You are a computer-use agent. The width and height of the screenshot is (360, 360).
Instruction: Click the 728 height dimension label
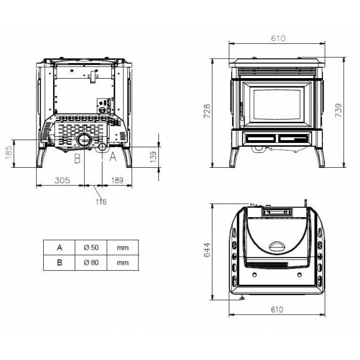207,111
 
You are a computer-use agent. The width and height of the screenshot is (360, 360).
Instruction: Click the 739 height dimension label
338,110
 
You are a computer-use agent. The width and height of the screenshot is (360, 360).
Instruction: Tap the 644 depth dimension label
207,250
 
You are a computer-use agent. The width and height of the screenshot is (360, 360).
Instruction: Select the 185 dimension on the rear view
8,152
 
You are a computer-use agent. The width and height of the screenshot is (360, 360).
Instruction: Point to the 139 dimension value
153,157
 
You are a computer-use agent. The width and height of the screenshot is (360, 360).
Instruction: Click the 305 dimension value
62,180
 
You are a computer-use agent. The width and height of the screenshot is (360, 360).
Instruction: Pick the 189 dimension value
117,180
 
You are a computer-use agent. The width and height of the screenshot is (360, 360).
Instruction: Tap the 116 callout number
101,202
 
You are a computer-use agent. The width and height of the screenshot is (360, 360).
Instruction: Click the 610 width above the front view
278,38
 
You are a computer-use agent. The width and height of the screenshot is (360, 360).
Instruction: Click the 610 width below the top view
277,310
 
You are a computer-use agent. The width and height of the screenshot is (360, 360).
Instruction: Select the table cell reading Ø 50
91,248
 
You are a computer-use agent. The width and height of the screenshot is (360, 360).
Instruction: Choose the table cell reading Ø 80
91,263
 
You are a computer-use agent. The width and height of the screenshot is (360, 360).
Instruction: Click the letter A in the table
59,248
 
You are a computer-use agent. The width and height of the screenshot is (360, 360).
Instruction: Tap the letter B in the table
59,263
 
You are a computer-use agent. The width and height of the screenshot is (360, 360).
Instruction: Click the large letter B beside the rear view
78,158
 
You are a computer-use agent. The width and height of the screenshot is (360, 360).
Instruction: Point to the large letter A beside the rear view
113,157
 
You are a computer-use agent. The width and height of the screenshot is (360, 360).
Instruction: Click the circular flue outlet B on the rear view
84,140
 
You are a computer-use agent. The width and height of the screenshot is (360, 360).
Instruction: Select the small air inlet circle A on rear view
102,147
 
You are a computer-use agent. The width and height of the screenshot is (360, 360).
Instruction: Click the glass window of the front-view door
277,105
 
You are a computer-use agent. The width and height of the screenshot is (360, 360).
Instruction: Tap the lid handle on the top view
277,246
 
